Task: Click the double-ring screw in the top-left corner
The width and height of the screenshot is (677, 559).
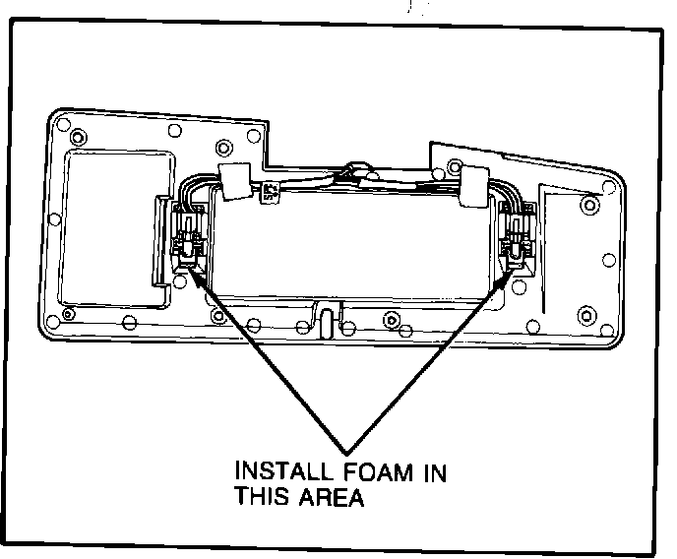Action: pyautogui.click(x=65, y=126)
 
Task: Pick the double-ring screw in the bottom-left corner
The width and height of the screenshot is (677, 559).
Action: pyautogui.click(x=67, y=315)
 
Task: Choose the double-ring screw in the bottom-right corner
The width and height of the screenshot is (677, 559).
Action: pyautogui.click(x=586, y=315)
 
